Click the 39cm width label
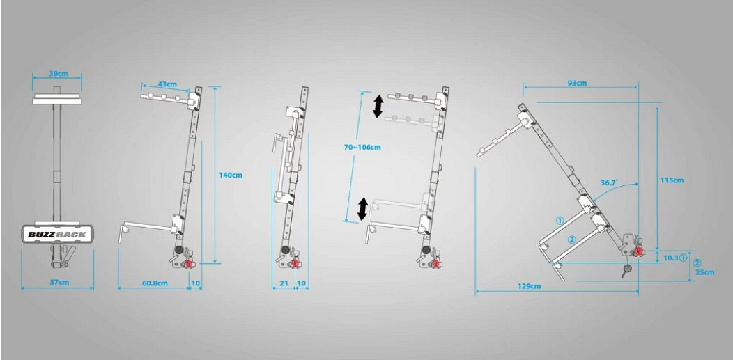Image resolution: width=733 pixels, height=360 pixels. tap(57, 74)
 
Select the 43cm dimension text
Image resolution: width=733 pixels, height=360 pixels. tap(167, 84)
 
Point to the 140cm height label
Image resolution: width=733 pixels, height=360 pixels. tap(231, 175)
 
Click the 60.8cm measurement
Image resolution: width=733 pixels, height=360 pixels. tap(155, 283)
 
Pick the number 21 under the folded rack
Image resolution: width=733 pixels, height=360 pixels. tap(284, 283)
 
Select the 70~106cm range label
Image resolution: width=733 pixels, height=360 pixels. tap(362, 147)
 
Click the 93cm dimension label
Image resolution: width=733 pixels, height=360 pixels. tap(578, 83)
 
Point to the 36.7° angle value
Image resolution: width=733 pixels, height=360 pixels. tap(610, 183)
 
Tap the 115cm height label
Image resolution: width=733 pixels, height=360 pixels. tap(672, 180)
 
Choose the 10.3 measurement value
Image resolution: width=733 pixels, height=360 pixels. tap(671, 257)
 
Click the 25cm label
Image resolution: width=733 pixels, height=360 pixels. tap(704, 272)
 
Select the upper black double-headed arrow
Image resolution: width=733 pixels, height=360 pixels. tap(378, 107)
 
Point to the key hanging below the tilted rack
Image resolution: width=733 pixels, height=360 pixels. tap(627, 270)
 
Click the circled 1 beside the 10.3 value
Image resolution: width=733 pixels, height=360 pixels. tap(683, 257)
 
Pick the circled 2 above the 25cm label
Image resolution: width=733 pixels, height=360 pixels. tap(697, 263)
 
